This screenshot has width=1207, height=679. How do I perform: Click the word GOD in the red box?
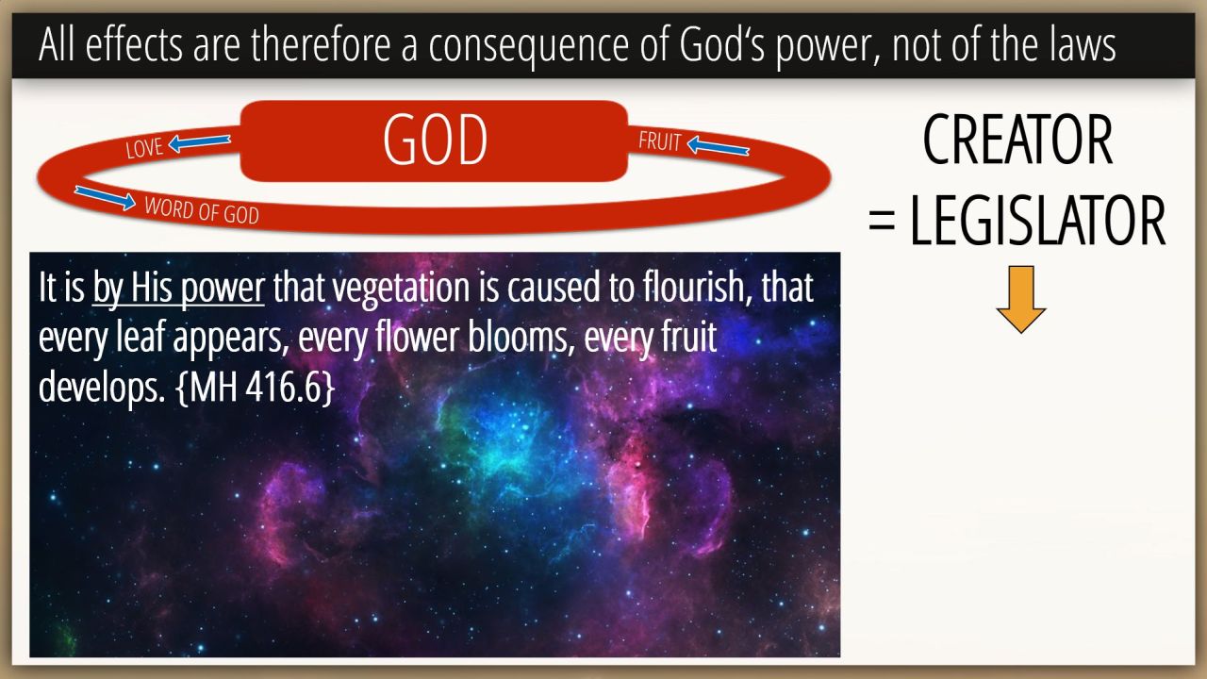click(435, 140)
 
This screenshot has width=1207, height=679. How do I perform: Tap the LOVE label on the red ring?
click(144, 148)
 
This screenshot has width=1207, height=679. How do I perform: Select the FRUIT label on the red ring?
click(659, 141)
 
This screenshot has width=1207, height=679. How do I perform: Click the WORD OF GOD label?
click(202, 210)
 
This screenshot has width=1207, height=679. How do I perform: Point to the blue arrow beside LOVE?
click(199, 142)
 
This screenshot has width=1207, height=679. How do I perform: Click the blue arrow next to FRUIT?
click(719, 146)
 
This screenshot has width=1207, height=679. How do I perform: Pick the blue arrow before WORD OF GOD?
click(105, 197)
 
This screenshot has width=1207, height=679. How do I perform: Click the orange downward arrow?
click(1020, 299)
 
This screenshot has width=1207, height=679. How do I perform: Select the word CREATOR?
click(1017, 140)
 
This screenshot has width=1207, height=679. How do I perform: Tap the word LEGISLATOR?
click(1038, 221)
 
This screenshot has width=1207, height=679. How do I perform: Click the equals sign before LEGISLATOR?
click(882, 221)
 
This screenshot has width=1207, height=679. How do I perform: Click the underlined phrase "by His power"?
click(178, 289)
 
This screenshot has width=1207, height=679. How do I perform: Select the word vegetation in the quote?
click(401, 289)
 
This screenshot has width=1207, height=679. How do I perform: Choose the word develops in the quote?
click(101, 388)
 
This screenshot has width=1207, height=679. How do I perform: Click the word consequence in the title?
click(528, 46)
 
